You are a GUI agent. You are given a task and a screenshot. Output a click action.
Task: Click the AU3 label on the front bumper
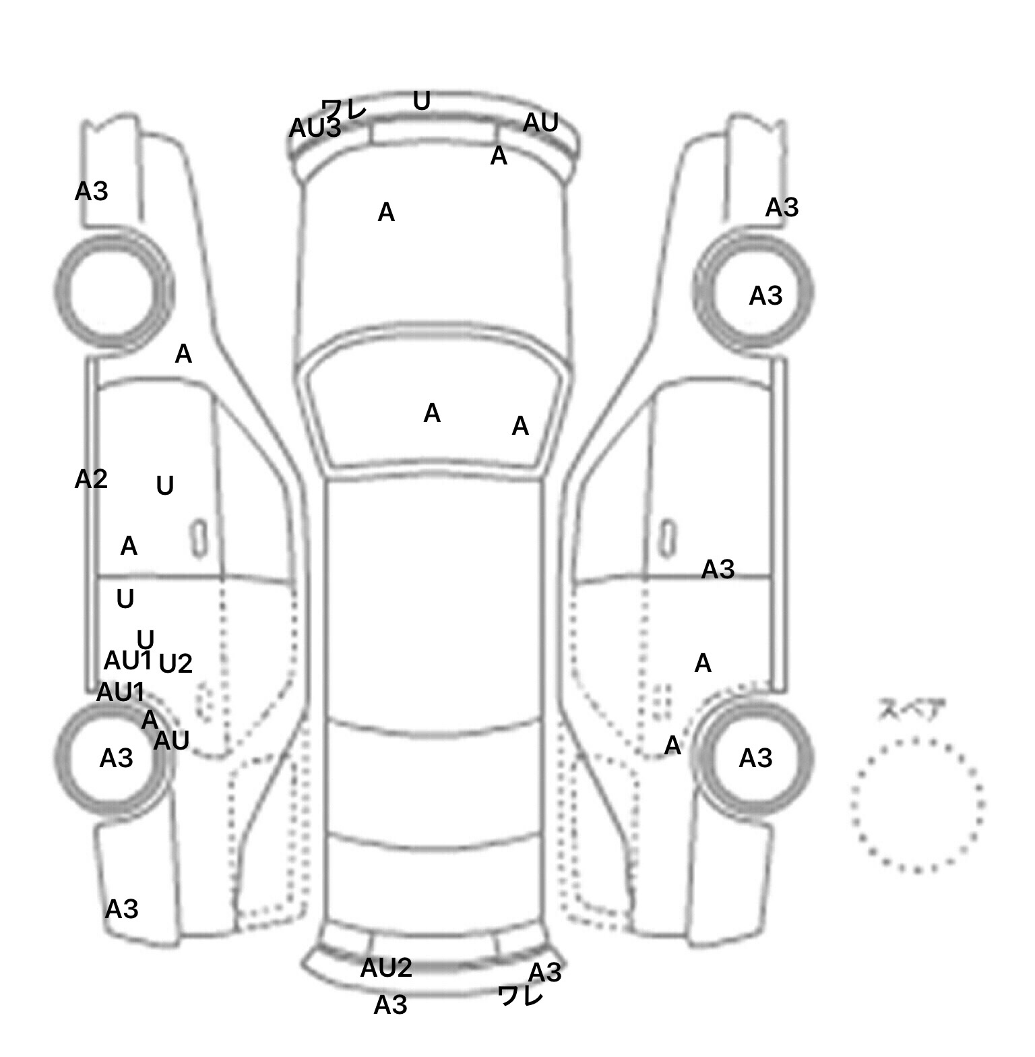[x=315, y=128]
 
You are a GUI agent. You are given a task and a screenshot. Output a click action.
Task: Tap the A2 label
[x=91, y=479]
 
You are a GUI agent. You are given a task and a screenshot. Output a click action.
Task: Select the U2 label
[x=175, y=664]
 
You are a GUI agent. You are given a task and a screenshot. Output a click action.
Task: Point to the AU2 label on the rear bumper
[x=385, y=968]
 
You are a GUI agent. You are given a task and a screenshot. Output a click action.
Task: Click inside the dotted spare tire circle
[x=917, y=804]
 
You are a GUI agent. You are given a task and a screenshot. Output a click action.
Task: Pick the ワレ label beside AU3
[x=344, y=108]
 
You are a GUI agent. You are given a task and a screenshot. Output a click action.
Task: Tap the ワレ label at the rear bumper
[x=520, y=995]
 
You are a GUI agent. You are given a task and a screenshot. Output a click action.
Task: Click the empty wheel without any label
[x=113, y=290]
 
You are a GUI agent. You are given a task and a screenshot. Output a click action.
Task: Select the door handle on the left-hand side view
[x=199, y=538]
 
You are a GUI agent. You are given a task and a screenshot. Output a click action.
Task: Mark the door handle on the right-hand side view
[x=667, y=538]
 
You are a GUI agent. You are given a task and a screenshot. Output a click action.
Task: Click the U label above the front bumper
[x=421, y=101]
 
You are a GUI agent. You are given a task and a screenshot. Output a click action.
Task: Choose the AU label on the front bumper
[x=540, y=123]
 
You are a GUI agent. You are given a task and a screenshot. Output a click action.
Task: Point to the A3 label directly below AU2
[x=390, y=1005]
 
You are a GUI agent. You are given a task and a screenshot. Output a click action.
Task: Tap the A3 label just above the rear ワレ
[x=544, y=973]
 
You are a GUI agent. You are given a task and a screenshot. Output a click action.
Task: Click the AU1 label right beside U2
[x=127, y=661]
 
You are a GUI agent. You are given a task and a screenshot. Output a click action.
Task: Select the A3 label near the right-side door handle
[x=718, y=570]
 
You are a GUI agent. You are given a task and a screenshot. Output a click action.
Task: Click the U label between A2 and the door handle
[x=164, y=486]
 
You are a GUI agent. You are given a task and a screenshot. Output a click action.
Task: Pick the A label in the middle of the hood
[x=385, y=213]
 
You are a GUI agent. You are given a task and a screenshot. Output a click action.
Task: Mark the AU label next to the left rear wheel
[x=171, y=741]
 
